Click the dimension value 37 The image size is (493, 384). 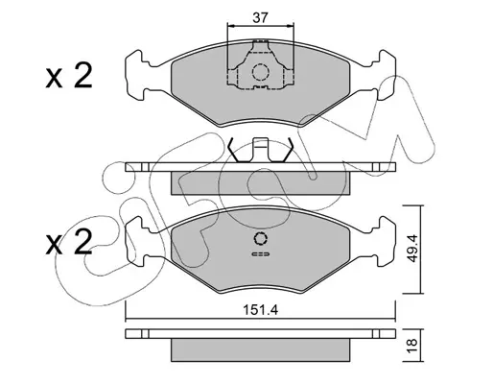pos(260,18)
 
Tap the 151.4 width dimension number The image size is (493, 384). pos(261,310)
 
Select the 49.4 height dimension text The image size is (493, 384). pos(412,249)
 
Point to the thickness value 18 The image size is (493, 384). pos(412,346)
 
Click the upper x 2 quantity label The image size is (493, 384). pos(69,76)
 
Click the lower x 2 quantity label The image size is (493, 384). pos(69,242)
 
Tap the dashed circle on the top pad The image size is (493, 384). pos(259,72)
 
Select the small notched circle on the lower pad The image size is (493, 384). pos(260,238)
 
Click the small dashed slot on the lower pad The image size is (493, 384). pos(261,254)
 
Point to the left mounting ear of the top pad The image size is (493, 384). pos(137,76)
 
